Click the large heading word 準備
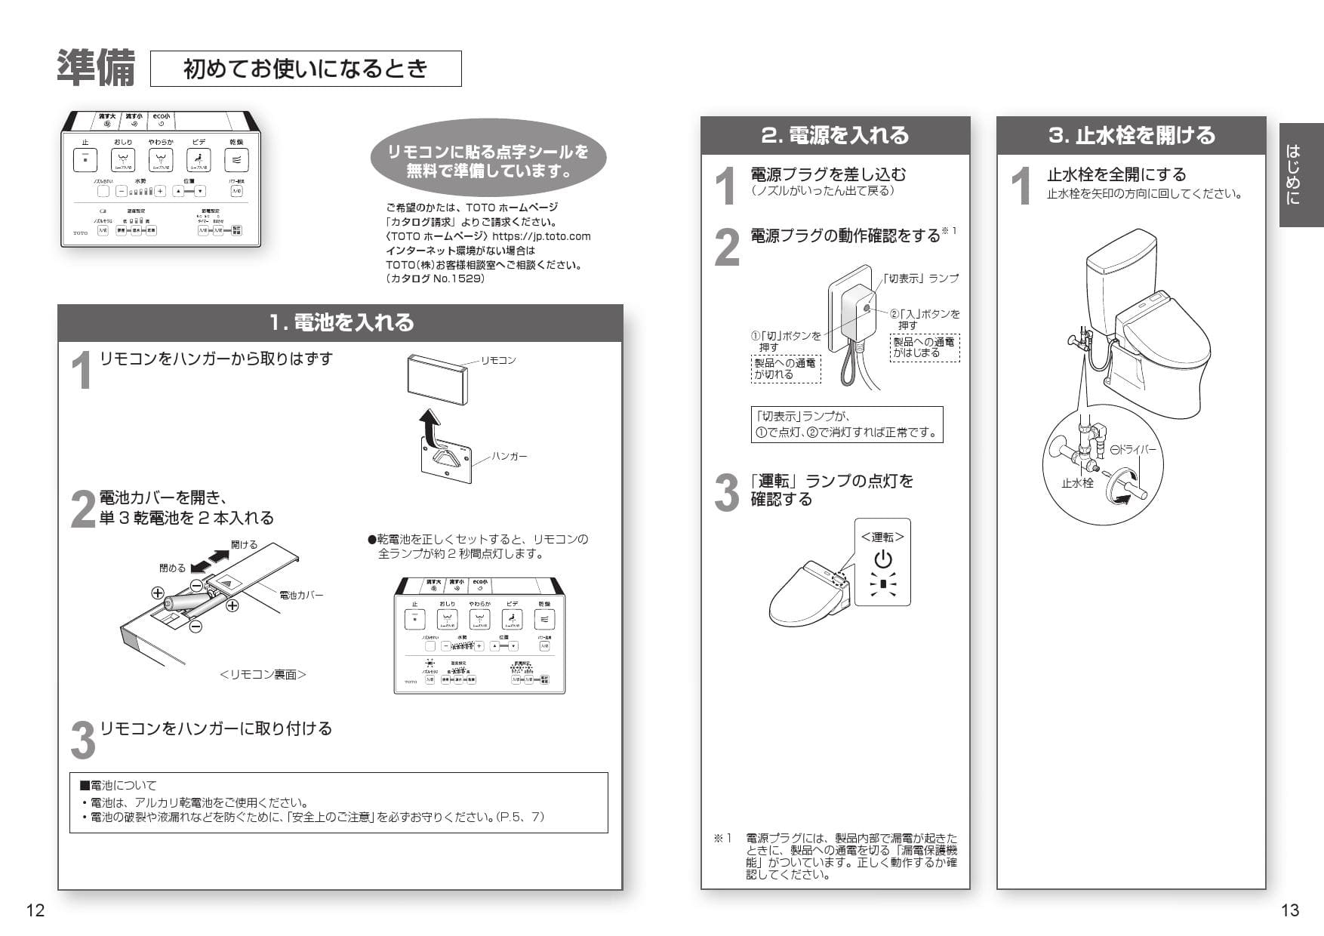[96, 68]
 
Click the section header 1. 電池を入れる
[341, 323]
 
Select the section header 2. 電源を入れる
[835, 136]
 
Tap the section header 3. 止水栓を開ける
[1131, 136]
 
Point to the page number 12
[35, 910]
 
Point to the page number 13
[1290, 910]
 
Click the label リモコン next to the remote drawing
[498, 360]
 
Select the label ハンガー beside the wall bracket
[510, 456]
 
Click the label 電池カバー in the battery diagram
[301, 595]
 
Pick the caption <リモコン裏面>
[263, 675]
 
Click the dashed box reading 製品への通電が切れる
[785, 368]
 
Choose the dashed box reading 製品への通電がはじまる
[924, 347]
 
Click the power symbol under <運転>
[882, 559]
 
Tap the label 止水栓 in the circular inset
[1077, 483]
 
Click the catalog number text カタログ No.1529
[435, 279]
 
